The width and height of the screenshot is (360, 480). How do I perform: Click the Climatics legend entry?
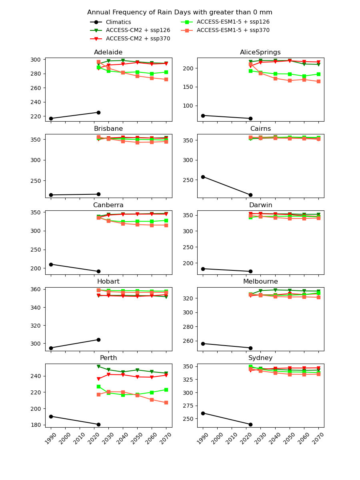(x=118, y=22)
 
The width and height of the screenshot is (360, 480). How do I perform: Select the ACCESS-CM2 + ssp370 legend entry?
(x=138, y=39)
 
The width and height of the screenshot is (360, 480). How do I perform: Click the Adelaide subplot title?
(x=108, y=52)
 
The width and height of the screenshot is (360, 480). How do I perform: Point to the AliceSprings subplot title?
(x=260, y=52)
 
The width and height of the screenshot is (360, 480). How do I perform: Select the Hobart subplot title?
(x=108, y=282)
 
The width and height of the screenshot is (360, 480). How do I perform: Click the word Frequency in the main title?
(x=126, y=12)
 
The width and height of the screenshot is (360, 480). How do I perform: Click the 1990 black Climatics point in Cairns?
(x=203, y=177)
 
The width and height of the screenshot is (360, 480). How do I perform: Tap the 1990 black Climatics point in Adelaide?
(x=51, y=118)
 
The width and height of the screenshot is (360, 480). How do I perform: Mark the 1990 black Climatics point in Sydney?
(x=203, y=413)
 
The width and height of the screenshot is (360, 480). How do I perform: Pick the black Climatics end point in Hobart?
(x=98, y=340)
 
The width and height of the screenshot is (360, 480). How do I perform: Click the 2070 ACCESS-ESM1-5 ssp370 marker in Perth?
(x=166, y=402)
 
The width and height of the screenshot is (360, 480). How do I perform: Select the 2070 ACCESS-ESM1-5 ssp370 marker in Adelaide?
(x=166, y=79)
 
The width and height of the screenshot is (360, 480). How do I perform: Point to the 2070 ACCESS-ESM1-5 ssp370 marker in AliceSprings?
(x=318, y=81)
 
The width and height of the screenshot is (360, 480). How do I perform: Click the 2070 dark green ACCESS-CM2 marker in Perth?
(x=166, y=373)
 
